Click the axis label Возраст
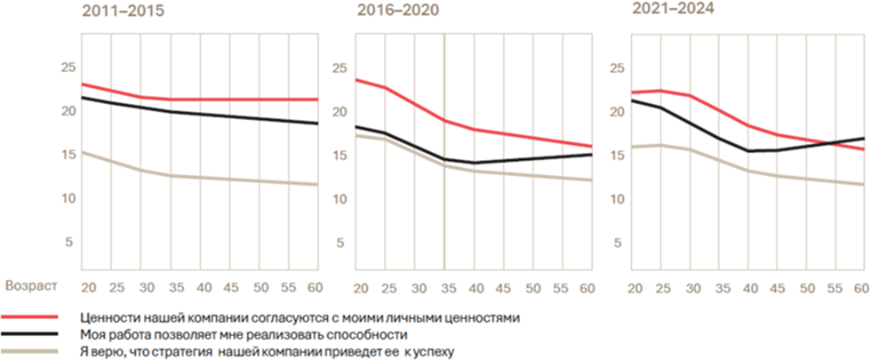[x=32, y=287]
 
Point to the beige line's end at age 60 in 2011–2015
[x=318, y=185]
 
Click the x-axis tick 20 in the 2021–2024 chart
[x=635, y=288]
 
